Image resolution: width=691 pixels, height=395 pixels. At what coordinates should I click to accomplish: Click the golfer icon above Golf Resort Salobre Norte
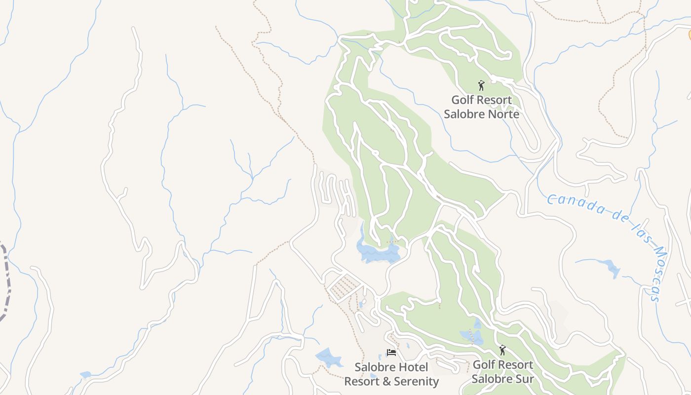pyautogui.click(x=481, y=85)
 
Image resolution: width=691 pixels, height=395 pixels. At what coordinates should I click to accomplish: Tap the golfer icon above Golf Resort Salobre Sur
pyautogui.click(x=502, y=350)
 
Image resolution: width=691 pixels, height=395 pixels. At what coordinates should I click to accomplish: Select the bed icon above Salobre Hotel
pyautogui.click(x=391, y=353)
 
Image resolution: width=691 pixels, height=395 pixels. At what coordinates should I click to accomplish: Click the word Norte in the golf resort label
pyautogui.click(x=502, y=114)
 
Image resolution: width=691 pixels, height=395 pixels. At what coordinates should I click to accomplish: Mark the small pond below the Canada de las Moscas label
pyautogui.click(x=612, y=269)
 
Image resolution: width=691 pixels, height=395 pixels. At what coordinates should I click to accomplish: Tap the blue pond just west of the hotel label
pyautogui.click(x=329, y=357)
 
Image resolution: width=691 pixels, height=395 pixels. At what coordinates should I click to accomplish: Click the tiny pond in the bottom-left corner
pyautogui.click(x=85, y=375)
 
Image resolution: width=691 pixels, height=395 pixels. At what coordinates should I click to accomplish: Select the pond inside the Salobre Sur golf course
pyautogui.click(x=473, y=336)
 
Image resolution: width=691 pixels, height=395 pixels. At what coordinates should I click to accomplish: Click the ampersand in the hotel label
pyautogui.click(x=384, y=381)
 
